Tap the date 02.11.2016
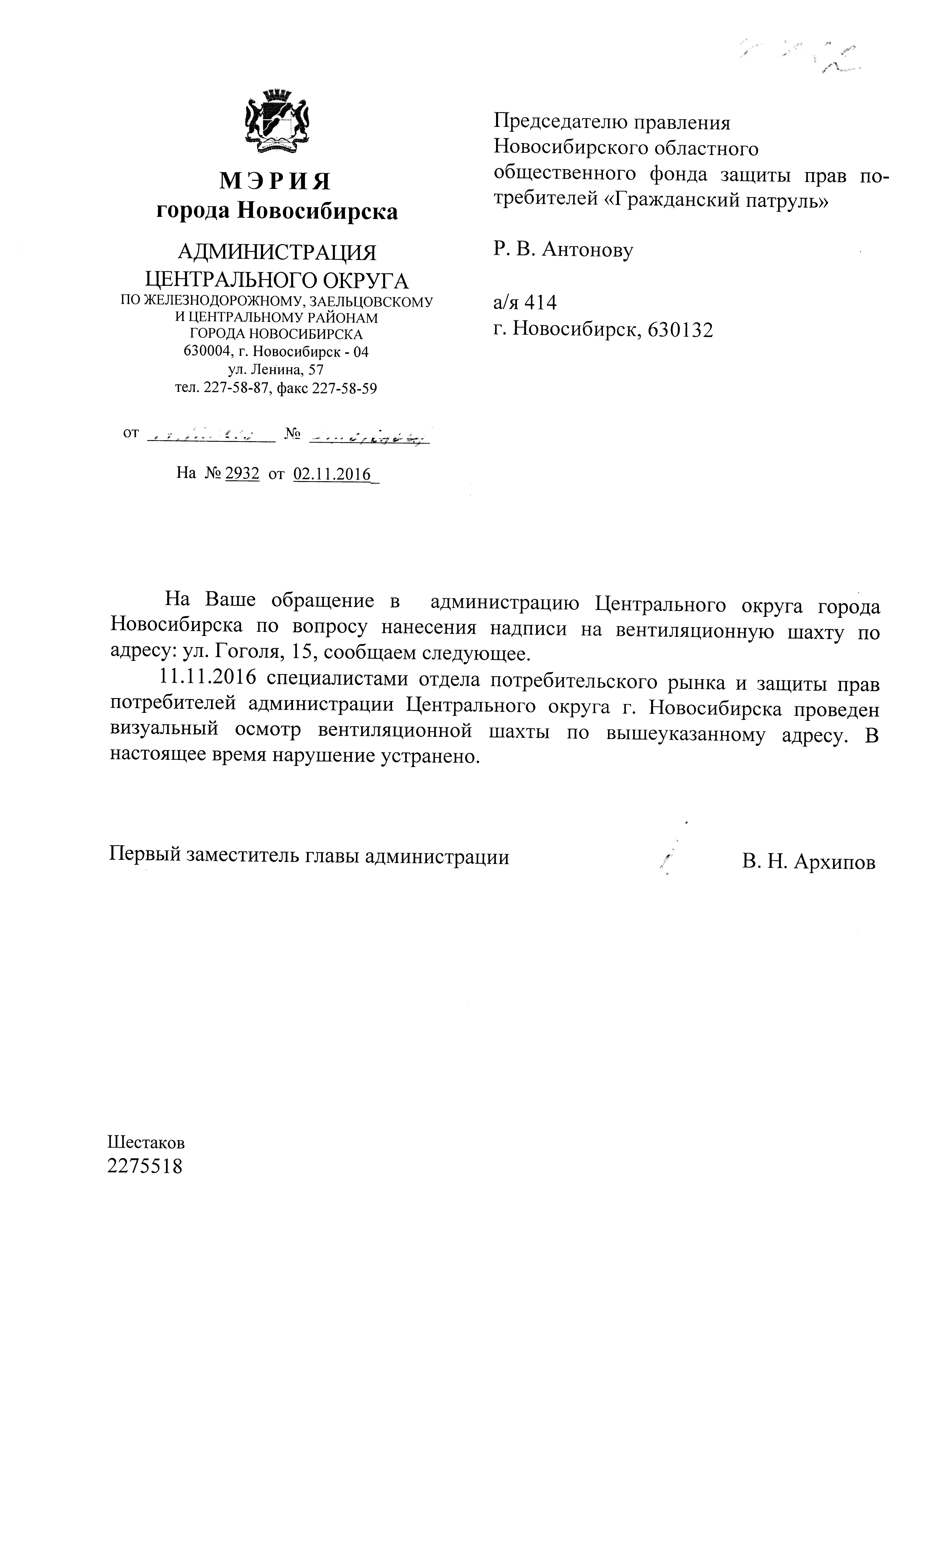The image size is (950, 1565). [x=332, y=474]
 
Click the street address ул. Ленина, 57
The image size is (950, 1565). [x=276, y=370]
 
